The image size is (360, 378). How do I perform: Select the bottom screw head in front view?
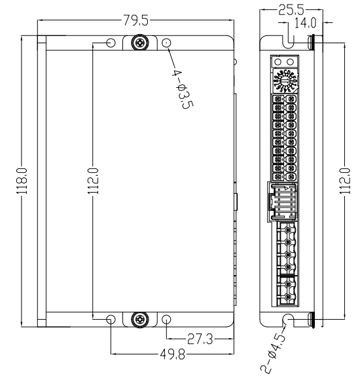(x=139, y=319)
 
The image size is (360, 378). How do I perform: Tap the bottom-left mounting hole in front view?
(x=111, y=319)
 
